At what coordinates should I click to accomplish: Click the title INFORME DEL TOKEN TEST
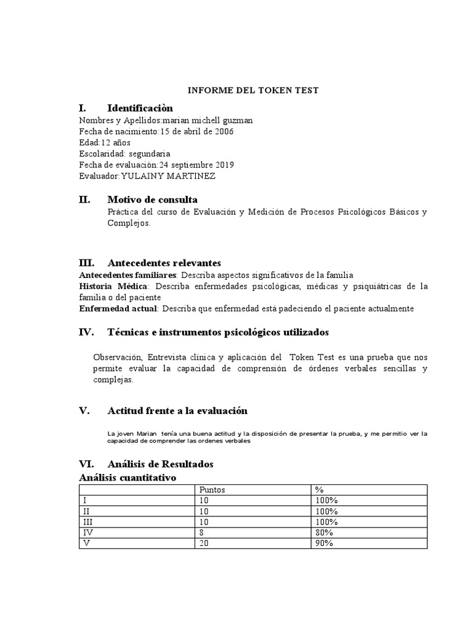tap(253, 91)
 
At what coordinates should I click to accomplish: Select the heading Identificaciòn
tap(140, 108)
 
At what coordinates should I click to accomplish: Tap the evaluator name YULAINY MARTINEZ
tap(169, 176)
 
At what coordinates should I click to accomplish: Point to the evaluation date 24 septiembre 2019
tap(196, 165)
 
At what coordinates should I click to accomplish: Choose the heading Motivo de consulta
tap(152, 200)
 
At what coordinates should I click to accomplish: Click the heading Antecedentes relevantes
tap(164, 263)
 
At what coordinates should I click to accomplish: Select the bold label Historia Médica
tap(113, 287)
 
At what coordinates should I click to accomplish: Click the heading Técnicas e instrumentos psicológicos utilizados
tap(218, 333)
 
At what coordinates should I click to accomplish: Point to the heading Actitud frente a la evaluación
tap(177, 411)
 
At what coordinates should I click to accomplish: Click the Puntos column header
tap(212, 490)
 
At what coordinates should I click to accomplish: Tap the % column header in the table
tap(319, 490)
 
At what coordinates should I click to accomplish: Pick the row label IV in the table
tap(87, 532)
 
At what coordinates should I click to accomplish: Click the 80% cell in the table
tap(324, 532)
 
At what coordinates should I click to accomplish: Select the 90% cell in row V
tap(324, 543)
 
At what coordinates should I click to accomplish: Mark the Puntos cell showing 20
tap(204, 543)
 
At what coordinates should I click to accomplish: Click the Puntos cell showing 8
tap(201, 532)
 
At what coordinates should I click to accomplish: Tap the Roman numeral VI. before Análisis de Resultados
tap(86, 464)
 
